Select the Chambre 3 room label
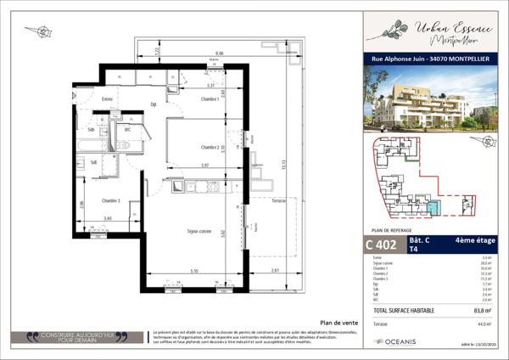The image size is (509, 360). point(111,200)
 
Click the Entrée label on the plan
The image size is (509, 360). point(108,100)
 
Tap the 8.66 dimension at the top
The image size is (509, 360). point(219,52)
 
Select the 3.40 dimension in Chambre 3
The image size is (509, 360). point(108,219)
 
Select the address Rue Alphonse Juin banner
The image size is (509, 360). point(430,59)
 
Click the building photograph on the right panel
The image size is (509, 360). point(430,97)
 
